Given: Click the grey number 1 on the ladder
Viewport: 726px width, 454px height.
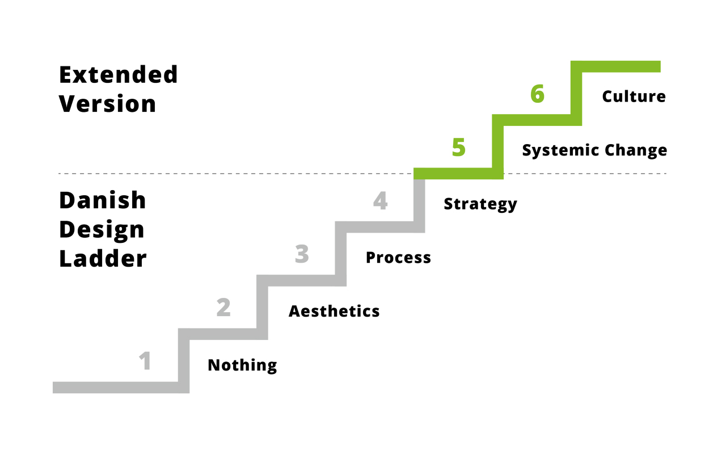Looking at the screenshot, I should (146, 361).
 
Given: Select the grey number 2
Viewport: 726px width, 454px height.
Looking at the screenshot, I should (223, 308).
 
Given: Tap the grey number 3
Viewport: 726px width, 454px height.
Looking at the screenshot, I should (302, 254).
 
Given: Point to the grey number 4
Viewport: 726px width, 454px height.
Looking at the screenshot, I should (380, 201).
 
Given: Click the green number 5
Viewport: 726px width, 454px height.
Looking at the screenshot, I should (458, 148).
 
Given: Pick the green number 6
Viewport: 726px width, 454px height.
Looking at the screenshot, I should (537, 94).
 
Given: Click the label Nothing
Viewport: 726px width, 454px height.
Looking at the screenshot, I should (242, 365).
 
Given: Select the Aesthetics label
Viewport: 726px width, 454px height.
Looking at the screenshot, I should (334, 311).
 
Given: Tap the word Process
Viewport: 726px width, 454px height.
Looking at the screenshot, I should (398, 258).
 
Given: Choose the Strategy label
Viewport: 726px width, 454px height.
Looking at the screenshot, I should (480, 204).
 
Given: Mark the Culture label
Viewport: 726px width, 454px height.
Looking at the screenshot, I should (634, 96).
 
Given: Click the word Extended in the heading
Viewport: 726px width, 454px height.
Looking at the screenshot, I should (119, 74).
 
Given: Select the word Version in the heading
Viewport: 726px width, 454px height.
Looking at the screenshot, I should (108, 104).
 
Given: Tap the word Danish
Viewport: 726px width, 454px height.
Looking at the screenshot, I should (103, 200).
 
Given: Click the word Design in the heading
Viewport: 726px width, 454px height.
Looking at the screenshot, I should (102, 230).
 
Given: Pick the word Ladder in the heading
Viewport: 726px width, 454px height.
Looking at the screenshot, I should (103, 259).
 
